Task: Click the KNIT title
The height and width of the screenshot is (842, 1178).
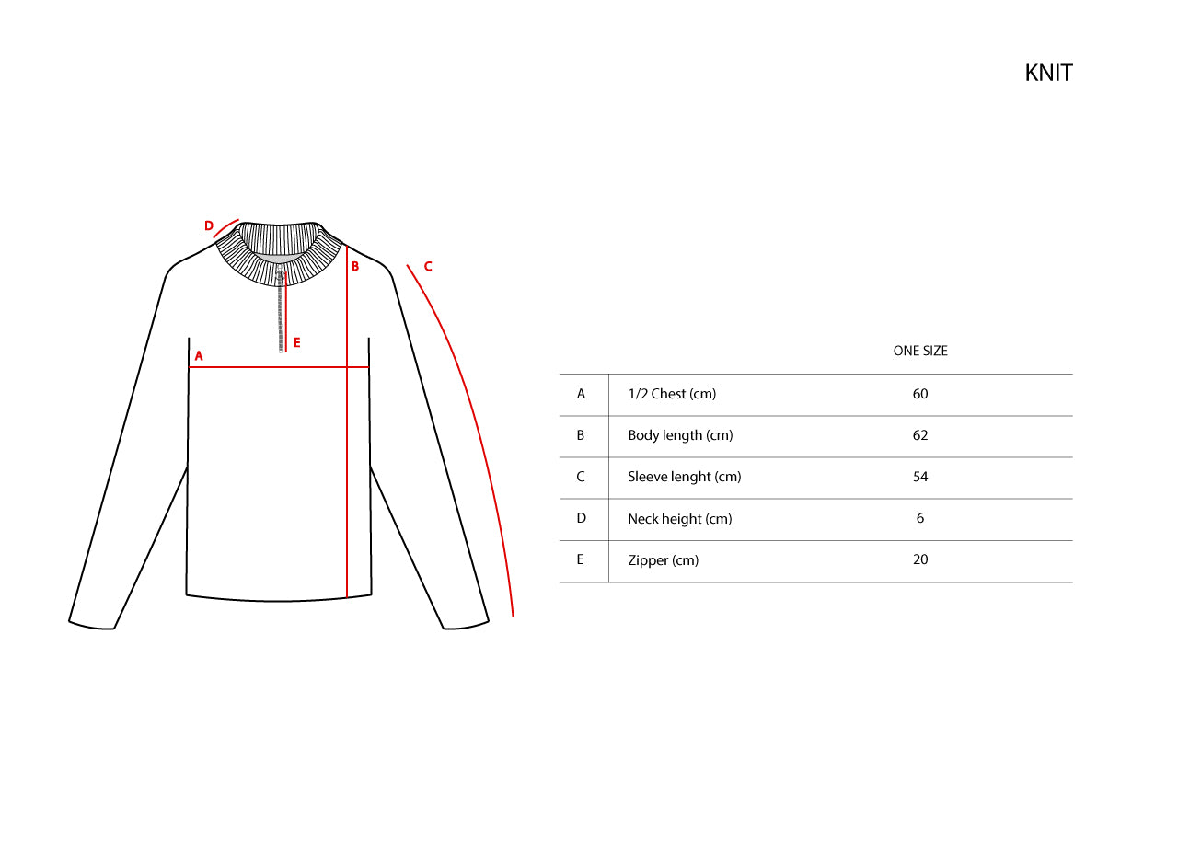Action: [1048, 73]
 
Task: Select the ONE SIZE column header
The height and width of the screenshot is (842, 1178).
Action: [920, 351]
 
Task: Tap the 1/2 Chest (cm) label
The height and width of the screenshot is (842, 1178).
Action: [672, 394]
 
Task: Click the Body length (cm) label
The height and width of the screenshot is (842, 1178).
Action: [680, 435]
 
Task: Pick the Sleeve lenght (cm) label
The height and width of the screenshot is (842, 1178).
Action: [684, 477]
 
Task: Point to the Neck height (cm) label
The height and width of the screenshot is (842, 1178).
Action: [679, 519]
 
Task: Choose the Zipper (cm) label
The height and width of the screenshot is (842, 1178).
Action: [664, 560]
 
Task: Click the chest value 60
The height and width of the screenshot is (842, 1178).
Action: [920, 394]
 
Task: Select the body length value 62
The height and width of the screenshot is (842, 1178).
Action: [920, 435]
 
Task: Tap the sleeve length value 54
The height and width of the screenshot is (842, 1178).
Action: [920, 477]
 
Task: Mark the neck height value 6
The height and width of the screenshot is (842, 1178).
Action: [920, 519]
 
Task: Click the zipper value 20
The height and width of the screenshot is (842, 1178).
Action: [920, 559]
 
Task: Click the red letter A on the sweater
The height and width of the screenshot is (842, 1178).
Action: [199, 356]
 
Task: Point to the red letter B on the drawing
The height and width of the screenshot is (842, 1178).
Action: [355, 267]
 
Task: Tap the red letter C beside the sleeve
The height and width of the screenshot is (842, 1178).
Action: [428, 267]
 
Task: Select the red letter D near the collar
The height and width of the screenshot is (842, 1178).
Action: [209, 225]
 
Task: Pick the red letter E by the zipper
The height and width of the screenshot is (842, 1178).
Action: [297, 343]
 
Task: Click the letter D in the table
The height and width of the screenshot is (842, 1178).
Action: [581, 519]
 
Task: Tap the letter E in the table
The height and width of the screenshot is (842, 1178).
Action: [581, 559]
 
